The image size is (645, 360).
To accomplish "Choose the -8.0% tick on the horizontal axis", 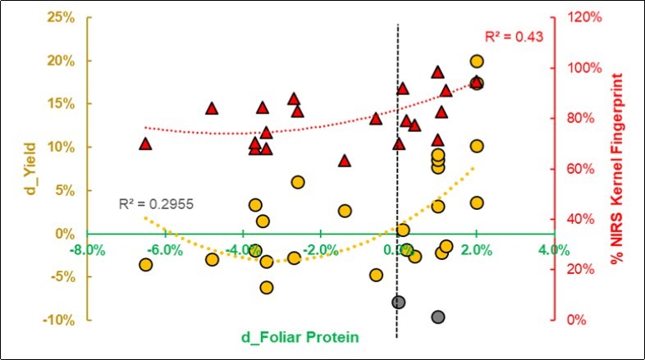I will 88,249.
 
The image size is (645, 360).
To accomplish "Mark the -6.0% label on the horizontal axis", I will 165,249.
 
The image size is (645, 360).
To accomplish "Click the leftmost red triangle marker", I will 145,144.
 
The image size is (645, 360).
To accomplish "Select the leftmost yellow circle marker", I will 145,264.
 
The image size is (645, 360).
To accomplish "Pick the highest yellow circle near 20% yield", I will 476,61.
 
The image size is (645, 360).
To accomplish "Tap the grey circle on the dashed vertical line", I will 398,302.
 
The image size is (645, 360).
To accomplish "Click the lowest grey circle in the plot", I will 437,317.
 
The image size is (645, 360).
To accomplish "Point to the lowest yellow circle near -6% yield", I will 266,287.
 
